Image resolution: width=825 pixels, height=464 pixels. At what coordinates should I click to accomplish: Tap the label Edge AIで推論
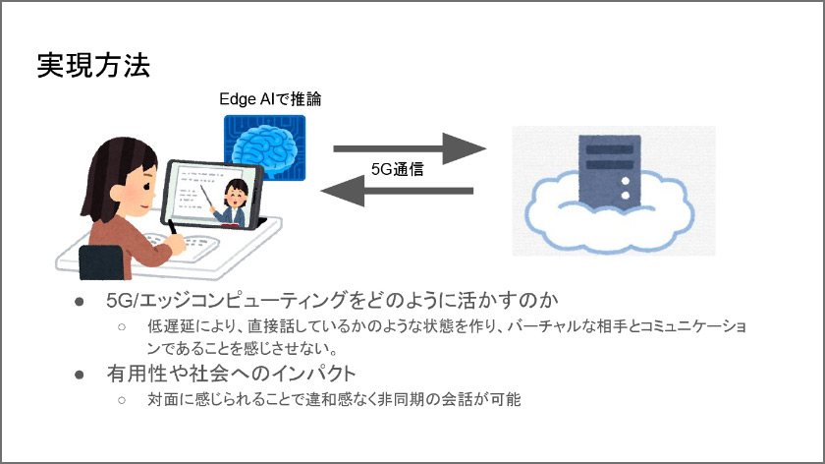coord(269,99)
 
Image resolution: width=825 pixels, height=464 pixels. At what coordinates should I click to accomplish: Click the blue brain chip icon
coord(264,146)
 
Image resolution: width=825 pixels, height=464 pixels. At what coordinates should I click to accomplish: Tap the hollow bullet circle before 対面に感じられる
coord(123,400)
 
